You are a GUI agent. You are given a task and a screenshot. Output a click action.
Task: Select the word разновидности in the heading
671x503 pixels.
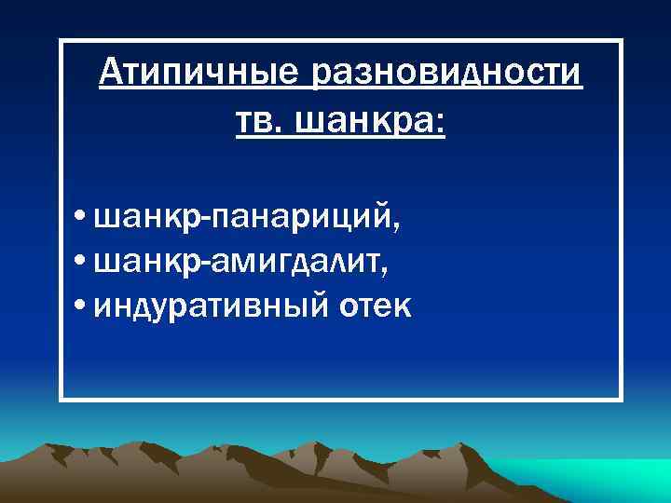click(449, 72)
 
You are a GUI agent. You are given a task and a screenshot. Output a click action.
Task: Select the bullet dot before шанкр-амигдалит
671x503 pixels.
click(83, 264)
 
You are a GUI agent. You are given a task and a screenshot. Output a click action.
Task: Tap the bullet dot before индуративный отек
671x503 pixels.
click(83, 306)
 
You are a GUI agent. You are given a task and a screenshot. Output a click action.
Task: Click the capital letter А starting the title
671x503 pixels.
click(110, 72)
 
